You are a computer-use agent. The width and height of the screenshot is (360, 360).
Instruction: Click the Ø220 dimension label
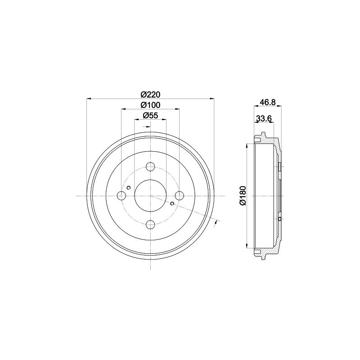150,94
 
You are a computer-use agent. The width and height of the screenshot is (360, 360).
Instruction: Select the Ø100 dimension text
150,105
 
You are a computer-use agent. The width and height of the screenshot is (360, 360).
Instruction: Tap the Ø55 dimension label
150,116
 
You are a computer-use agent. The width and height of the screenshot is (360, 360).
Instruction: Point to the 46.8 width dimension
267,102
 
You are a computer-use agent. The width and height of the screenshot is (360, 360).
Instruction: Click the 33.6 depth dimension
264,118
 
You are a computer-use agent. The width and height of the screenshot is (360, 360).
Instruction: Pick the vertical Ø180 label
243,196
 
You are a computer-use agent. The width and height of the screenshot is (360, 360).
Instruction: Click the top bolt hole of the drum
150,166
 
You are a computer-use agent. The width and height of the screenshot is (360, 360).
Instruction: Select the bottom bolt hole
150,224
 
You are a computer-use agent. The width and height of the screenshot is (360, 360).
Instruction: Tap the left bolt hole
121,196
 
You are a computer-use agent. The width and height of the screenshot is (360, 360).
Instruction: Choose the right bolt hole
179,196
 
